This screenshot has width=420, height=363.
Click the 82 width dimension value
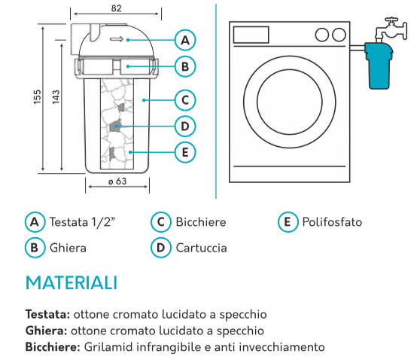coord(116,8)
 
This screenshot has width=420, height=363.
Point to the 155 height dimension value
coord(37,97)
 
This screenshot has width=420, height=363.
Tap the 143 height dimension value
coord(56,97)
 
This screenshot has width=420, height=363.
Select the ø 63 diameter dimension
coord(117,181)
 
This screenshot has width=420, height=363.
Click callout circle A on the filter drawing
coord(185,40)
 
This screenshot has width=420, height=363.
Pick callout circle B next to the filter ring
coord(185,66)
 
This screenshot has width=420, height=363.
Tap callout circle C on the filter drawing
coord(185,100)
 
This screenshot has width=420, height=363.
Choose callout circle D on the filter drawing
coord(185,127)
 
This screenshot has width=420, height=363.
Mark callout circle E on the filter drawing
coord(185,152)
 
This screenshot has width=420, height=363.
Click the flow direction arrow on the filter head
coord(117,39)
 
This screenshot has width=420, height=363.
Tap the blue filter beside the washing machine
coord(379,66)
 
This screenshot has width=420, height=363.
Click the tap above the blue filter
coord(391,29)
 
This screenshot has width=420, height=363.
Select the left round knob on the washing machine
coord(322,35)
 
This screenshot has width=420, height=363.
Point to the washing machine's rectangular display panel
coord(251,35)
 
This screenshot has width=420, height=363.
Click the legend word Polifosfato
coord(332,222)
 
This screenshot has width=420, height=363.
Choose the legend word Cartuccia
coord(202,248)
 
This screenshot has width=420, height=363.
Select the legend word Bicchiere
coord(201,222)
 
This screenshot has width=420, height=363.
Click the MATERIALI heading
coord(72,283)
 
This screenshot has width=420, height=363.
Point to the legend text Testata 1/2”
coord(83,222)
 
